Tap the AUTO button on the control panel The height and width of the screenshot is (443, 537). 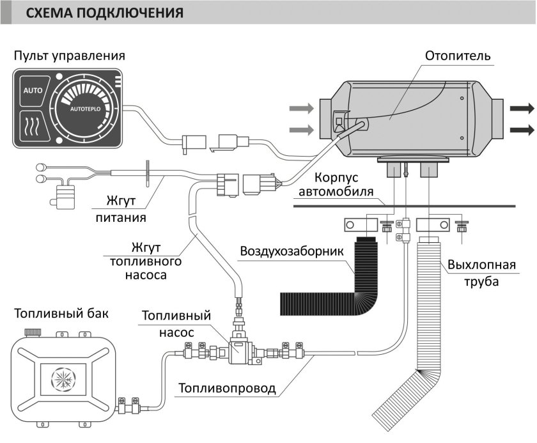point(33,91)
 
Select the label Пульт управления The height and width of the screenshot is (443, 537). point(68,56)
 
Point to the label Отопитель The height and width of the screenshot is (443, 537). point(458,56)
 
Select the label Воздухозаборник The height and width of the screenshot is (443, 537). point(291,249)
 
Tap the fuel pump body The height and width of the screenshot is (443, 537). point(242,350)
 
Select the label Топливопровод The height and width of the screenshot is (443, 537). point(227,388)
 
